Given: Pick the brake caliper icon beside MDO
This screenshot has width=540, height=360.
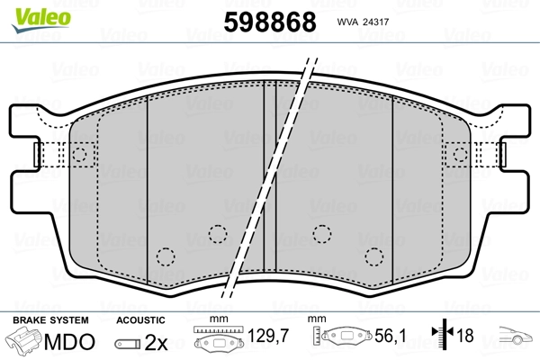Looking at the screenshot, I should coord(25,342).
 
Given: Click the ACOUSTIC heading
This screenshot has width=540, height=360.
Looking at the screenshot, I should coord(141,319).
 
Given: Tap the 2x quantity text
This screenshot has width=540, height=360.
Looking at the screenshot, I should coord(156,342).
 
